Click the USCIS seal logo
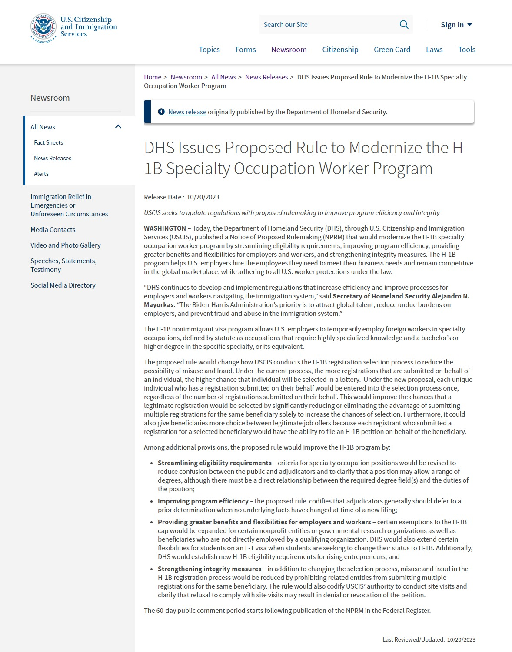coord(43,27)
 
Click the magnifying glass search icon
coord(404,25)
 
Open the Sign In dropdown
coord(456,25)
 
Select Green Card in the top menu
coord(392,50)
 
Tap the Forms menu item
coord(246,50)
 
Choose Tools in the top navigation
coord(466,50)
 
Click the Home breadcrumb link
coord(153,77)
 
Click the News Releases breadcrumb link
coord(266,77)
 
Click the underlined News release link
coord(187,112)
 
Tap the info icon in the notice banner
coord(161,112)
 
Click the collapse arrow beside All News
coord(118,127)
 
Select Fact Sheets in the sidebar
coord(48,142)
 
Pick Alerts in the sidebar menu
coord(41,174)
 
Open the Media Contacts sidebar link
coord(53,229)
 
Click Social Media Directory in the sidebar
coord(63,285)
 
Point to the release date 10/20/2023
coord(203,197)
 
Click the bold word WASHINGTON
coord(165,228)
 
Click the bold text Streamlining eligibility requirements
coord(214,463)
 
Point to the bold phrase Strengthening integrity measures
coord(209,569)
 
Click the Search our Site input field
coord(326,25)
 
